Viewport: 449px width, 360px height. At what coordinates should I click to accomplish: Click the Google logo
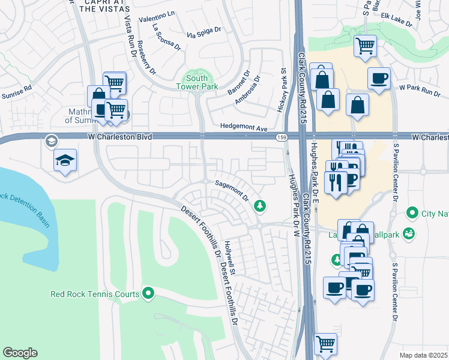coord(20,353)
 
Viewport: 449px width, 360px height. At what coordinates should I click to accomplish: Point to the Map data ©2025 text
coord(424,355)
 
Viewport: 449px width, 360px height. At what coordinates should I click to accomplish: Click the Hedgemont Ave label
coord(244,128)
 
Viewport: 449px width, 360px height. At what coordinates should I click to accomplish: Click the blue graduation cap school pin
coord(65,160)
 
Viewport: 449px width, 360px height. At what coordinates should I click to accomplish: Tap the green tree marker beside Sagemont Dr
coord(260,206)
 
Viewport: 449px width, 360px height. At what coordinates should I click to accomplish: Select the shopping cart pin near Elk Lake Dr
coord(364,46)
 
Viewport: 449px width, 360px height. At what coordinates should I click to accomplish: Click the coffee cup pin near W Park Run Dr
coord(379,79)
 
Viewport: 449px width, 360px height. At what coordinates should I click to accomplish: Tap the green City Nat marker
coord(412,212)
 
